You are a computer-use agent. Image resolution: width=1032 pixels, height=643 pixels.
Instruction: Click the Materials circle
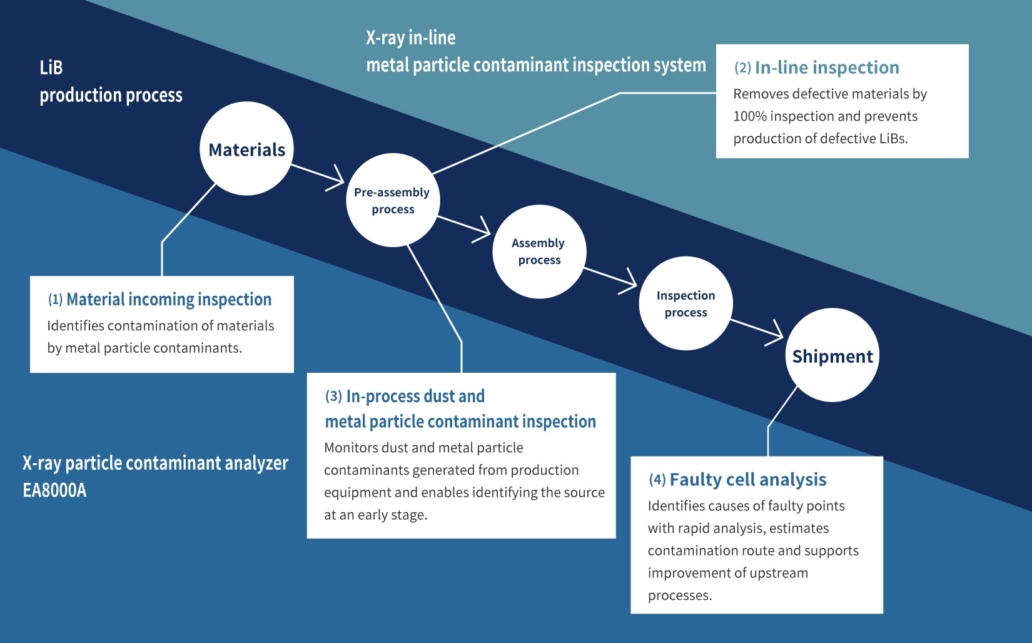click(246, 149)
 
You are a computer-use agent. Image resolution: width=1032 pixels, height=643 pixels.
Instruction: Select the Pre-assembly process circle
click(393, 200)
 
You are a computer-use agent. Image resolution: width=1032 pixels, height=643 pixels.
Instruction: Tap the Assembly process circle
click(539, 251)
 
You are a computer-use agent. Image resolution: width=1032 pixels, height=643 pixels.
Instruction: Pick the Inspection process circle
click(685, 303)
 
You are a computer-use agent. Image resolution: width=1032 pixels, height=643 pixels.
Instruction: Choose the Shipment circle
click(832, 355)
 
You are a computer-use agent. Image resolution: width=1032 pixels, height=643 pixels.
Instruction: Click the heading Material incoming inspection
click(169, 300)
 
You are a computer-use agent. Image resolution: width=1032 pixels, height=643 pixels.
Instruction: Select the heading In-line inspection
click(827, 68)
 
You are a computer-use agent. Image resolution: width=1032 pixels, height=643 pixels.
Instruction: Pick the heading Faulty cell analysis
click(748, 480)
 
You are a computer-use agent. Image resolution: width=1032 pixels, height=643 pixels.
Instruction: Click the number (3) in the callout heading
click(333, 397)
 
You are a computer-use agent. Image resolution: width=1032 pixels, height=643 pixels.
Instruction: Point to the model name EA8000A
click(54, 490)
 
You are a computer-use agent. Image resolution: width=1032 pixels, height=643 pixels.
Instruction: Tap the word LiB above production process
click(51, 68)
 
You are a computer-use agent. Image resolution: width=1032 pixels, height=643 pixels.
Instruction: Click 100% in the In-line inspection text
click(749, 116)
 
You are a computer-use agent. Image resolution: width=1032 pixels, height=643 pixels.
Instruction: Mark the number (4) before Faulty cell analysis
click(657, 480)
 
